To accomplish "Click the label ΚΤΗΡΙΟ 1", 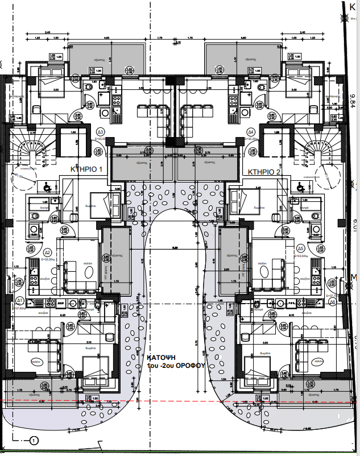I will [x=85, y=169].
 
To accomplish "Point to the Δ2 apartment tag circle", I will [x=48, y=252].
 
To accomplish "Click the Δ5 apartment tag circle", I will [x=300, y=248].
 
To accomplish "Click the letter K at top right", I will [x=353, y=6].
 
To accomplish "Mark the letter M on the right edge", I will [x=355, y=277].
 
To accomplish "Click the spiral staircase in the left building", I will [x=28, y=149].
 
